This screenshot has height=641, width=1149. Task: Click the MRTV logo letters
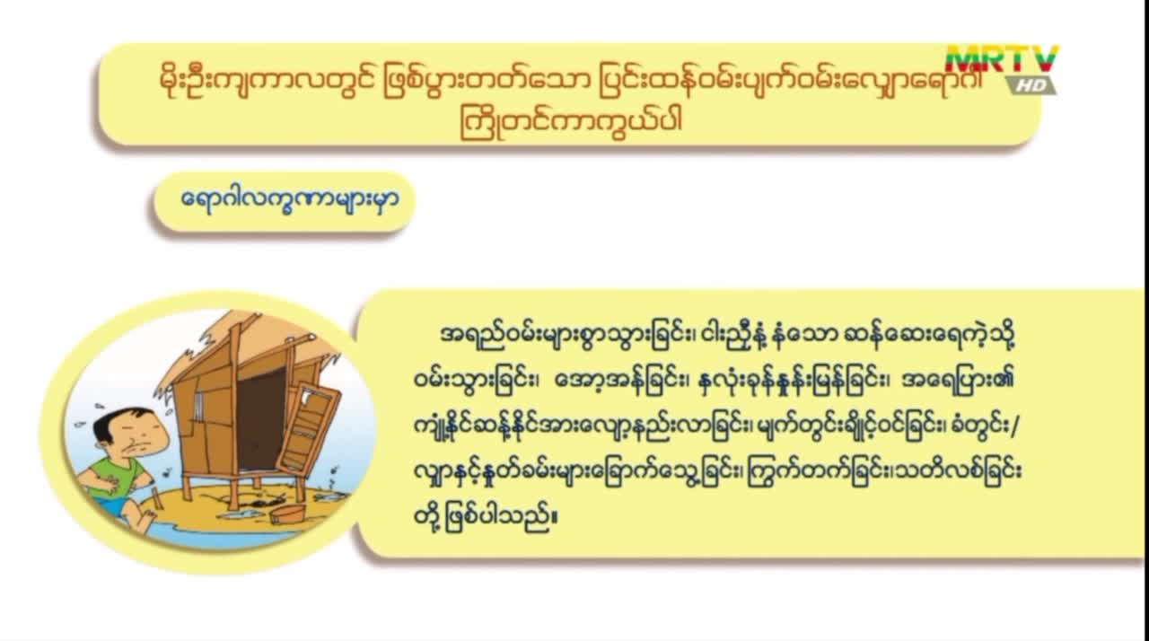coord(1003,59)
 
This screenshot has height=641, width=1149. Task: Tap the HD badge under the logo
coord(1031,85)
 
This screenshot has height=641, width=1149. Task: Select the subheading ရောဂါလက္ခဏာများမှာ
coord(290,199)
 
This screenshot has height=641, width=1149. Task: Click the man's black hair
coord(116,422)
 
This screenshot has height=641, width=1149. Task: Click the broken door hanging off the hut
coord(309,426)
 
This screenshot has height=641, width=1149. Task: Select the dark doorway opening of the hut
coord(260,418)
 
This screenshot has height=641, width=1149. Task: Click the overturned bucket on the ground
coord(288,514)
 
